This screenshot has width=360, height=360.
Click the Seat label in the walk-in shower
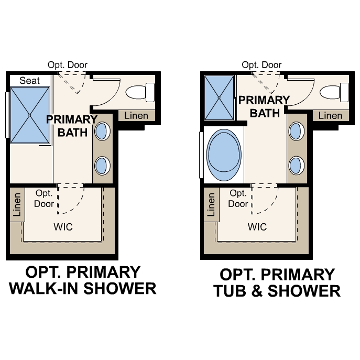(x=29, y=80)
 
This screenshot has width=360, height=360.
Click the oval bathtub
(x=224, y=152)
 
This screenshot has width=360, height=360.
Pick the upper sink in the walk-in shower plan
(x=102, y=131)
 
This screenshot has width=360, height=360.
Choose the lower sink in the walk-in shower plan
(x=102, y=167)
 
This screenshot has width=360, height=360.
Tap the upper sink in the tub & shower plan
(x=297, y=131)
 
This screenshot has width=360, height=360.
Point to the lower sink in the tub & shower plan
(x=297, y=166)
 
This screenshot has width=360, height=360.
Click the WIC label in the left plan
(x=63, y=227)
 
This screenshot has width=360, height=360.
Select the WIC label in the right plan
(x=257, y=227)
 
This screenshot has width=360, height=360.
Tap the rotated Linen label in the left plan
(x=17, y=205)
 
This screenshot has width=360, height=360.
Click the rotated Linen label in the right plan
(x=212, y=205)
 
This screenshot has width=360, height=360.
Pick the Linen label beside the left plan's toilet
(x=136, y=116)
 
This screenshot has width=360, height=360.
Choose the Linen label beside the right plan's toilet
(x=331, y=116)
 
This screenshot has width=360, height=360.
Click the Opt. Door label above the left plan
(x=68, y=65)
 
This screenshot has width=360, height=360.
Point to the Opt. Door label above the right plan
(x=262, y=65)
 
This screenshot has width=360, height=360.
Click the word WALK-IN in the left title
(x=46, y=288)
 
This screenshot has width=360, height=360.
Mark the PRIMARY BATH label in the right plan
(x=265, y=106)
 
